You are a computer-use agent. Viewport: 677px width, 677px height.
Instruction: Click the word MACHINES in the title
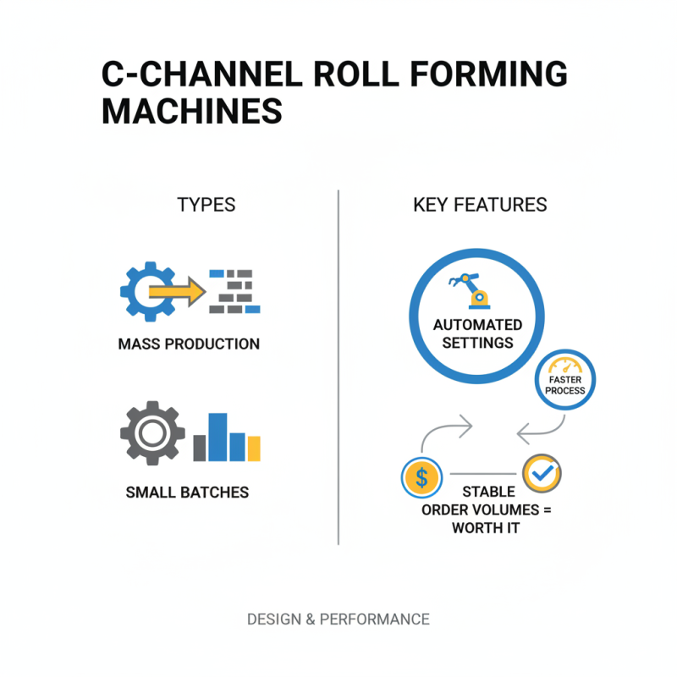coord(192,111)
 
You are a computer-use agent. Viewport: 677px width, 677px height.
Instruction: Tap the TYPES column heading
coord(206,205)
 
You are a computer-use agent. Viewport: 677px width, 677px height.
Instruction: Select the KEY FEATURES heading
coord(480,205)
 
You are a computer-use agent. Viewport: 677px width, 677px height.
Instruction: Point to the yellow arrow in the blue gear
coord(177,292)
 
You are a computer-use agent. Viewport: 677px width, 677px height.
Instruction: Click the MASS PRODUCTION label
coord(189,344)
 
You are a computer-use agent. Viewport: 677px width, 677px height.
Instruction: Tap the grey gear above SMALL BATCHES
coord(152,433)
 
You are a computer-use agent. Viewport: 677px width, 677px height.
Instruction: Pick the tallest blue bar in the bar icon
coord(217,437)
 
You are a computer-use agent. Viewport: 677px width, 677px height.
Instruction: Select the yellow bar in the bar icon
coord(254,449)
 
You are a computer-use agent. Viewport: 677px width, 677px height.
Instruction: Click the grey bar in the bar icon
coord(200,448)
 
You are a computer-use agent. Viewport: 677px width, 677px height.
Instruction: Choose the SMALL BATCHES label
coord(187,493)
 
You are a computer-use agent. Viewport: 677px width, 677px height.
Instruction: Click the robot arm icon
coord(469,291)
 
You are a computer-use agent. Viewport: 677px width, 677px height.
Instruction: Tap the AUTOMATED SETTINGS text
coord(477,333)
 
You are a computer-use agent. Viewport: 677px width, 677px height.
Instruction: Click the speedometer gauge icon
coord(565,366)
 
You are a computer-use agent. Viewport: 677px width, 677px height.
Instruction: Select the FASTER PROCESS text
coord(564,385)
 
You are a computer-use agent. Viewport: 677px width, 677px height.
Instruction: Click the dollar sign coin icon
coord(421,478)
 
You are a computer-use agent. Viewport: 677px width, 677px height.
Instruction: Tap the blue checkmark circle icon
coord(542,473)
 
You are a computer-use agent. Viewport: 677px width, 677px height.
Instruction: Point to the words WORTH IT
coord(486,527)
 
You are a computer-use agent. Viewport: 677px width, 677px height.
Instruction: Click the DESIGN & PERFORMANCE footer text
coord(338,619)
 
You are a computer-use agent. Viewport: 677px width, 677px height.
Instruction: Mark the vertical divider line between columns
coord(338,367)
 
